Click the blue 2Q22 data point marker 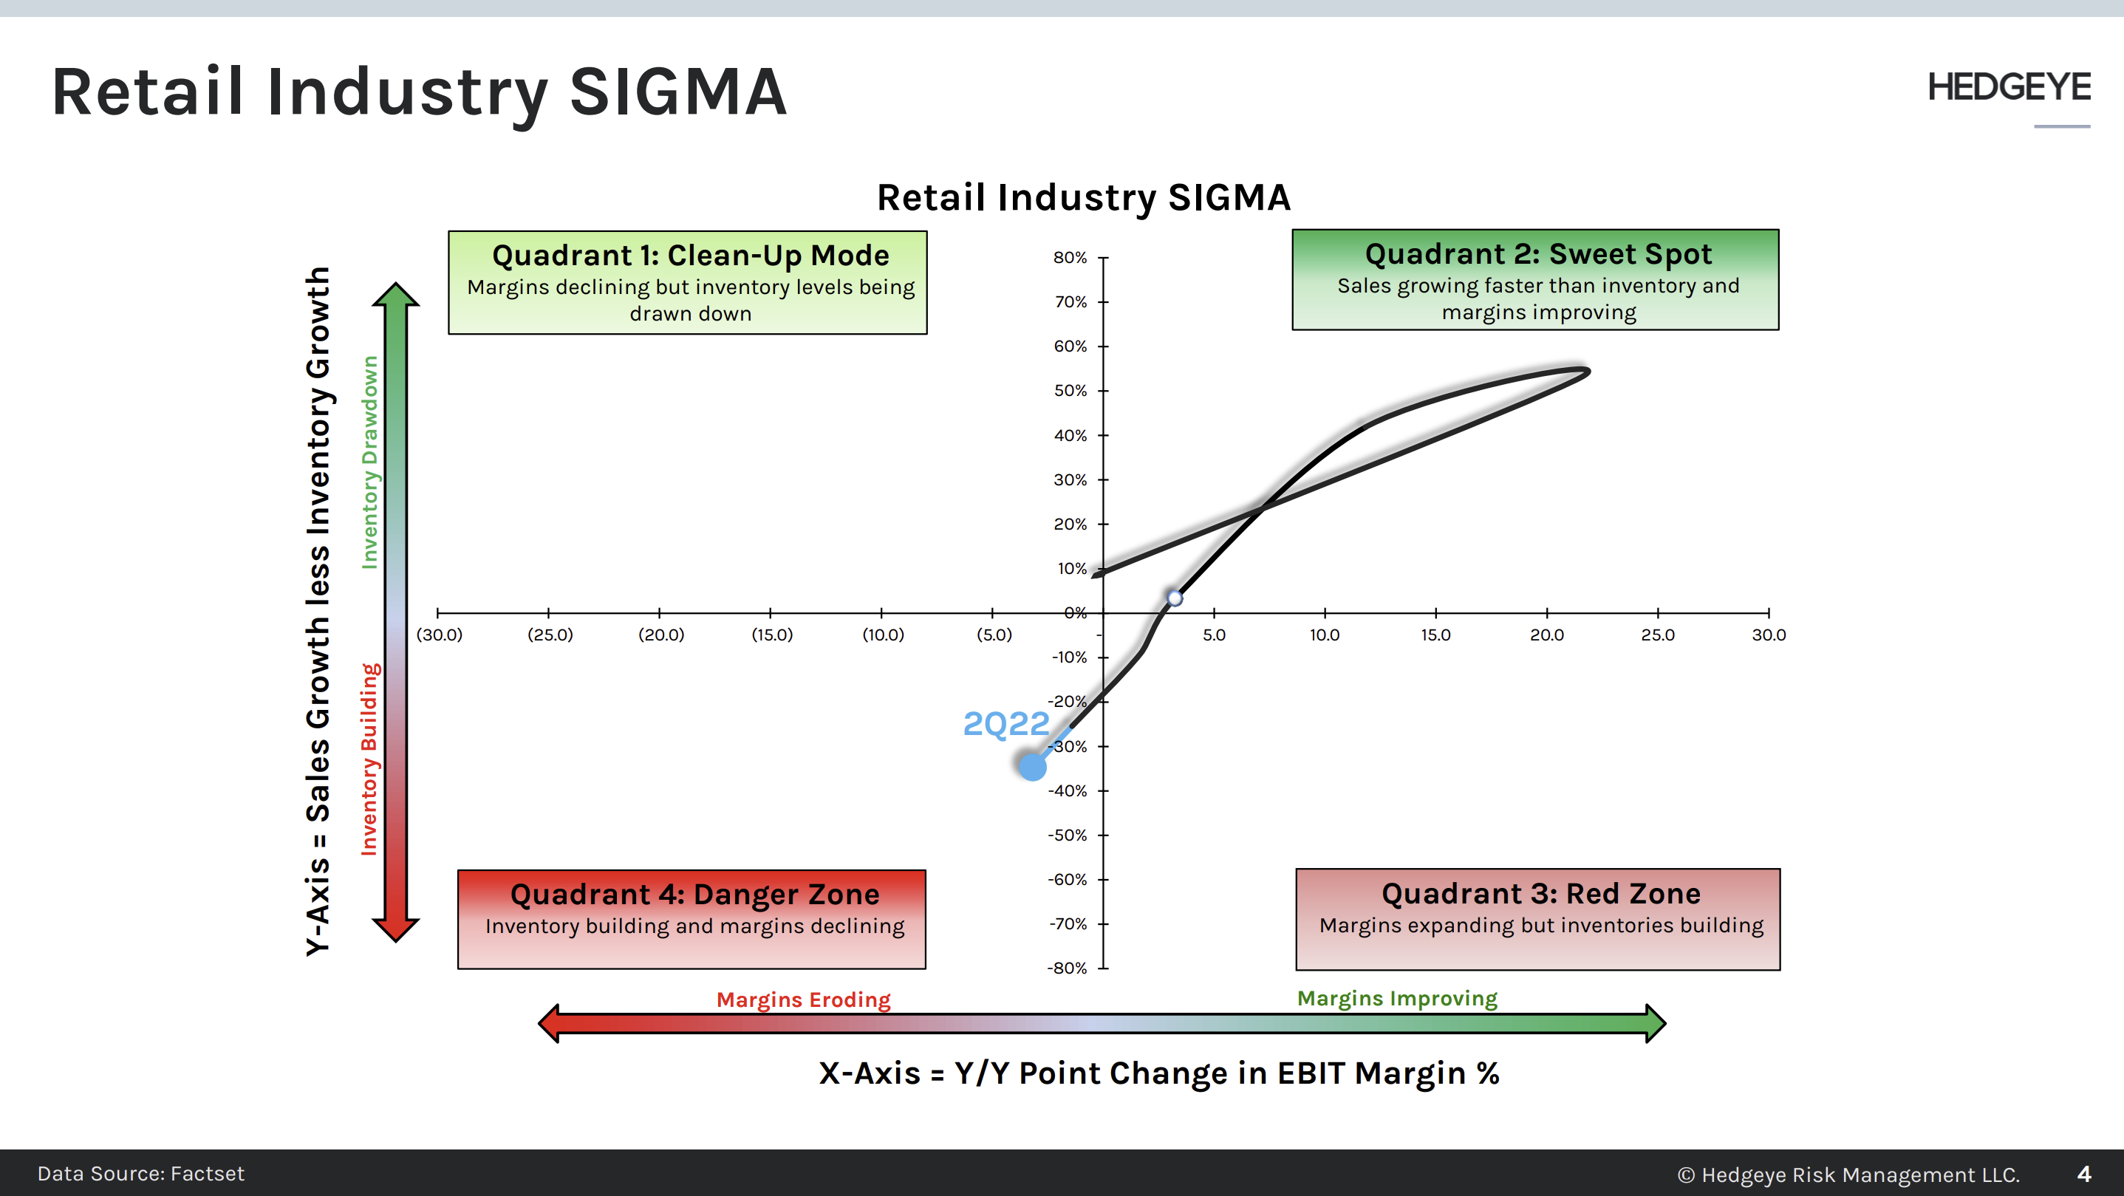(1032, 767)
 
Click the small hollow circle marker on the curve (1175, 598)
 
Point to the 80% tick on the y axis (1070, 257)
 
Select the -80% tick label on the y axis (1068, 968)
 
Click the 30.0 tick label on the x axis (1769, 635)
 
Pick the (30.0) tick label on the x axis (440, 635)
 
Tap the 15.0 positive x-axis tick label (1435, 635)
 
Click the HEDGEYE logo (2008, 87)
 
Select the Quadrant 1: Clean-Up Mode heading (690, 256)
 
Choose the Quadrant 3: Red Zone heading (1540, 894)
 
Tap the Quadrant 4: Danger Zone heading (694, 895)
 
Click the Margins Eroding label (803, 999)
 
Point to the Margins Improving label (1397, 998)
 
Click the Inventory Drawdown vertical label (369, 462)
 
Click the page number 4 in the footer (2083, 1174)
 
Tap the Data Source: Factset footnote (141, 1174)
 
